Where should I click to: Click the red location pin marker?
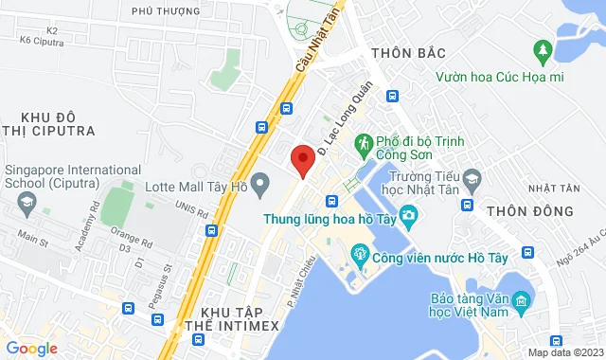click(302, 160)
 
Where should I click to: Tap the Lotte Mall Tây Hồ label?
click(196, 186)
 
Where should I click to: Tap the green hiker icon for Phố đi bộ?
click(364, 143)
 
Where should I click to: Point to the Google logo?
click(30, 349)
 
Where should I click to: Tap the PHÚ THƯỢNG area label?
click(167, 11)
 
